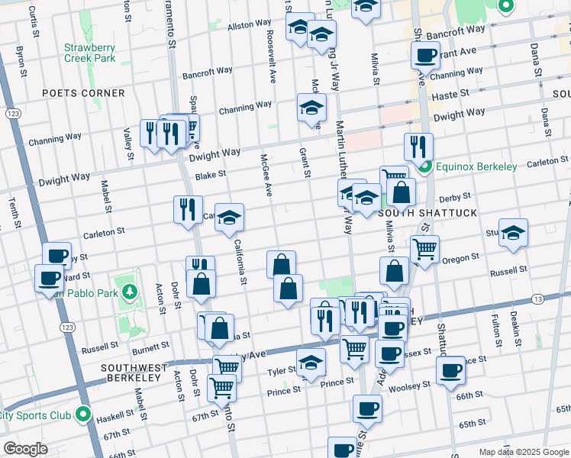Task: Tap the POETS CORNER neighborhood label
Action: [x=83, y=93]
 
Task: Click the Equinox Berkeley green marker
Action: [x=425, y=166]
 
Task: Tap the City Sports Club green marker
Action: [x=83, y=416]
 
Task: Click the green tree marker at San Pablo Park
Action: [x=130, y=291]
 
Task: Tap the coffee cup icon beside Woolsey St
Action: [x=450, y=369]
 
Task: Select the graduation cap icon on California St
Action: [x=229, y=219]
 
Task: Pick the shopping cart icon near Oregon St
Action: [x=424, y=247]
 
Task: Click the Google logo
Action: [x=25, y=449]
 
